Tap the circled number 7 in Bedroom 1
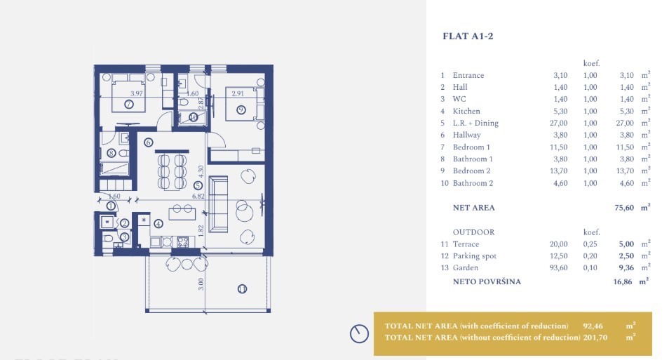coord(128,105)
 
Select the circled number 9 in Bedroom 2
coord(241,109)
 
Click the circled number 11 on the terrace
coord(242,288)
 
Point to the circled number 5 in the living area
coord(198,185)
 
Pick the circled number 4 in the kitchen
coord(158,224)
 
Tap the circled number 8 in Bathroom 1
coord(111,153)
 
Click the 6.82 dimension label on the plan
coord(198,197)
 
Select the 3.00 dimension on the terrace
coord(201,284)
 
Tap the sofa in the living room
coord(219,204)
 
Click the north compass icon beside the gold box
coord(360,334)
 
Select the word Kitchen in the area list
coord(466,111)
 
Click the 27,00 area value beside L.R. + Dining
coord(561,123)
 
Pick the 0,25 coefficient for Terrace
coord(590,244)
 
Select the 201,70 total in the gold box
coord(595,337)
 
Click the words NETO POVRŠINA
coord(487,281)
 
